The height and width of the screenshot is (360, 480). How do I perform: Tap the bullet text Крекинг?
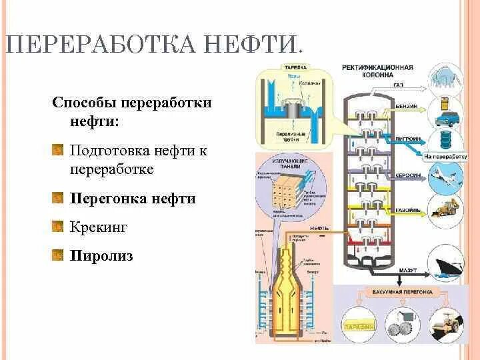(98, 227)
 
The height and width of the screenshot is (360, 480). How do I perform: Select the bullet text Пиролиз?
(101, 255)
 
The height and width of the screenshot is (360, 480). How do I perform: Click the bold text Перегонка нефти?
(133, 199)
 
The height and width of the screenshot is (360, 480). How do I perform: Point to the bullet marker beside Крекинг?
(57, 227)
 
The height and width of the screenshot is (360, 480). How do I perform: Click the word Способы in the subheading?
(85, 103)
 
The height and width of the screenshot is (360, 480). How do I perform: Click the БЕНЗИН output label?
(407, 107)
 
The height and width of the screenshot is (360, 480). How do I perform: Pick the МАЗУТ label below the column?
(408, 269)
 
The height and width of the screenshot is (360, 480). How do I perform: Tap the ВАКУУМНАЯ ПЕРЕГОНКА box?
(402, 293)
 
